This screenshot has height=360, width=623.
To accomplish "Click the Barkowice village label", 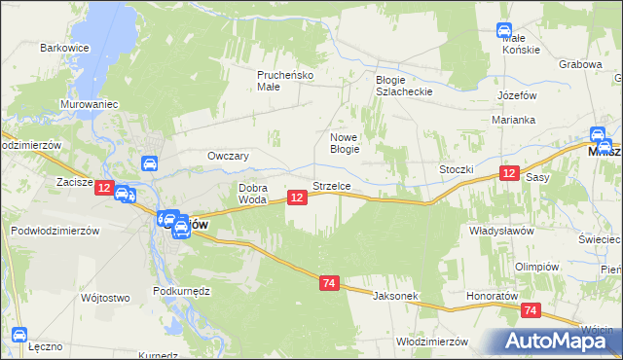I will click(x=64, y=47).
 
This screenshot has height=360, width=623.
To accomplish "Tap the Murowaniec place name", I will click(x=89, y=102).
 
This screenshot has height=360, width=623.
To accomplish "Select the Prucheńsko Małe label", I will click(x=282, y=80).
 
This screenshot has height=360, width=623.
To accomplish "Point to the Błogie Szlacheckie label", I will click(x=403, y=86).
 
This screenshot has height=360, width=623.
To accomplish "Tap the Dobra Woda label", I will click(x=253, y=193).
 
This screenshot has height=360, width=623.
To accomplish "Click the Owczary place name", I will click(x=229, y=156).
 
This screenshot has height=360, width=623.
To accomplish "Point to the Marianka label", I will click(x=514, y=120).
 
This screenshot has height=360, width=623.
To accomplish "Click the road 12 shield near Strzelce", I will click(x=298, y=198).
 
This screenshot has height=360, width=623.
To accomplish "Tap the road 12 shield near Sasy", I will click(x=509, y=173).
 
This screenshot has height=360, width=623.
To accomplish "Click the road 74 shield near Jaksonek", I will click(x=329, y=283).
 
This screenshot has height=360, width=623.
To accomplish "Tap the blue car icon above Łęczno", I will click(x=18, y=336).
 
